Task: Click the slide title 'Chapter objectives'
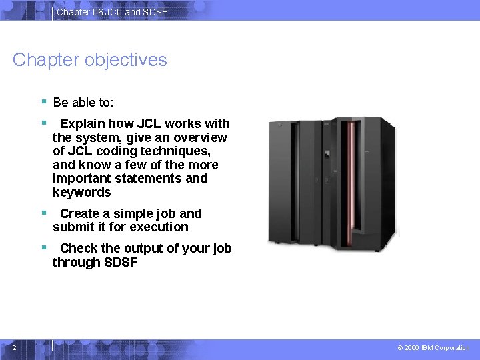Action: (x=90, y=60)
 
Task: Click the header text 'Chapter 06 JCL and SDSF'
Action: (x=112, y=13)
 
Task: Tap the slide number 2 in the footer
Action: (x=15, y=347)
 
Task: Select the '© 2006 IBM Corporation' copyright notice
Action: (x=433, y=348)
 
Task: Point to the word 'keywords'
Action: (x=82, y=193)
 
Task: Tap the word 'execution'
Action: (x=159, y=227)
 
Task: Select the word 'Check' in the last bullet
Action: (x=77, y=249)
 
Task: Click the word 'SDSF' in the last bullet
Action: (x=121, y=263)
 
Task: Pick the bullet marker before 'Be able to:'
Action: (x=43, y=102)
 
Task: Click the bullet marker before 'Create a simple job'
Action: (x=43, y=213)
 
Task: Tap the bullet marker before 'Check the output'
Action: (x=43, y=248)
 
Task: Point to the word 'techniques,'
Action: (x=178, y=151)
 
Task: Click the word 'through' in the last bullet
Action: (x=76, y=263)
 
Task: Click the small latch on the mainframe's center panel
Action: (x=327, y=154)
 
